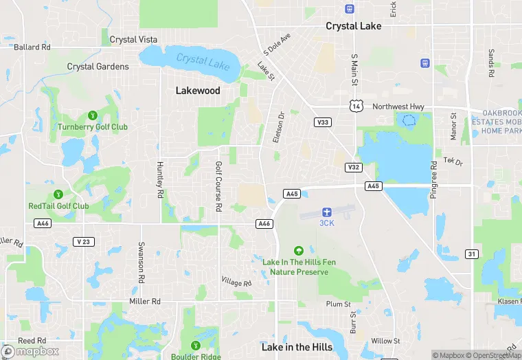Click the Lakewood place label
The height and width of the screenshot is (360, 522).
point(198,91)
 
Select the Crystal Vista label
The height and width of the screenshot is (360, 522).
point(133,40)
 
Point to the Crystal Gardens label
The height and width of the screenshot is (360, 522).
point(98,67)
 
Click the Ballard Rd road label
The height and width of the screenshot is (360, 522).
point(32,47)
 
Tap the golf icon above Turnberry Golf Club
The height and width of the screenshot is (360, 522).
point(92,115)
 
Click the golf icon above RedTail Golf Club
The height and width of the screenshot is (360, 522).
point(58,194)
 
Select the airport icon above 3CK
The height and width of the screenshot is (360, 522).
point(326,212)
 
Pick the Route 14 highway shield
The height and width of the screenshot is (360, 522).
point(355,106)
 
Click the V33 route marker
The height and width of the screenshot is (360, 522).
point(321,122)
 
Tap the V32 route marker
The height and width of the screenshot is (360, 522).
point(353,167)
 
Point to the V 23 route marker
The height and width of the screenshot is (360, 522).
point(84,242)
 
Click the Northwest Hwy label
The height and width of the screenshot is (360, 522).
point(398,106)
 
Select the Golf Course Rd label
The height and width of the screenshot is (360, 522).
point(219,185)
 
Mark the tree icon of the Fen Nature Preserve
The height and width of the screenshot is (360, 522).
point(298,251)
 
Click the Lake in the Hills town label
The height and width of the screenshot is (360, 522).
point(297,347)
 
